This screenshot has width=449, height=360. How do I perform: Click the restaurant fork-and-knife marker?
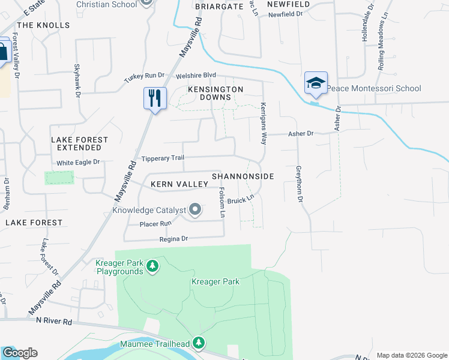[155, 98]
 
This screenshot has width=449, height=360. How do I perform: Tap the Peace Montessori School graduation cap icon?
[316, 83]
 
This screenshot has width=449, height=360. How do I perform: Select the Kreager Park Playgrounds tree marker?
[152, 265]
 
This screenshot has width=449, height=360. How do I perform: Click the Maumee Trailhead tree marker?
[199, 343]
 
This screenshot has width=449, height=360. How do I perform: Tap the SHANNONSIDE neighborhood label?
[243, 176]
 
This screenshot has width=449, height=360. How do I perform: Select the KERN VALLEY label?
[174, 184]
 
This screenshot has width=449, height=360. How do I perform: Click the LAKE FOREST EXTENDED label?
[79, 143]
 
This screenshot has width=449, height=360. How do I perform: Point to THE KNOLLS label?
[43, 25]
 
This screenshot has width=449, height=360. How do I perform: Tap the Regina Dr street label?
[173, 239]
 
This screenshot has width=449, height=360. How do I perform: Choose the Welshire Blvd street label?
[195, 76]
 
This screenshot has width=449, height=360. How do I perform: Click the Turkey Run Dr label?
[144, 76]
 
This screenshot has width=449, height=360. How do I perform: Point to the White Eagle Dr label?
[77, 163]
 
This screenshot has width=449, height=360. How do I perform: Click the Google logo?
[20, 353]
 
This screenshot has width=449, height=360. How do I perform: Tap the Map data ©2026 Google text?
[411, 355]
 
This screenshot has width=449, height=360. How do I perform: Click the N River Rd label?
[55, 322]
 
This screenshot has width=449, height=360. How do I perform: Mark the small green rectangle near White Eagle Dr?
[59, 178]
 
